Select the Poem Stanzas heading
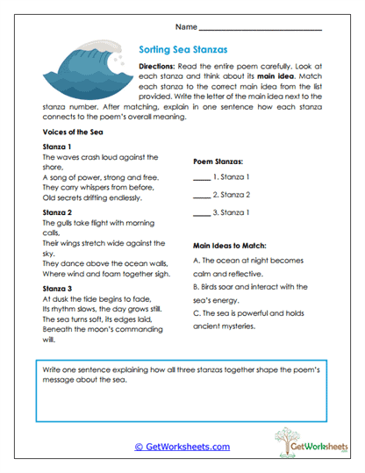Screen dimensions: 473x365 [218, 161]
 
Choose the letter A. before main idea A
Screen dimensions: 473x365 [194, 262]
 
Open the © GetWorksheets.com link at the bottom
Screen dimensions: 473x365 [182, 446]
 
